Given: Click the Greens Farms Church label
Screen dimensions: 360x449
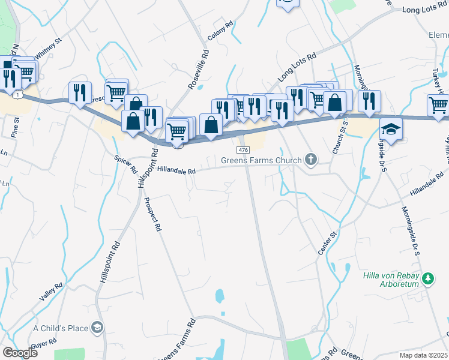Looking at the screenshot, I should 261,160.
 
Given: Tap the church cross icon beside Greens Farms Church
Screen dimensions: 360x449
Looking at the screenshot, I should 310,160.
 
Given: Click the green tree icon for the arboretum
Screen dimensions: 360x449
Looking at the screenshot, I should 427,278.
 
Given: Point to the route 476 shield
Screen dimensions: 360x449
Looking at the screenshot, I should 243,149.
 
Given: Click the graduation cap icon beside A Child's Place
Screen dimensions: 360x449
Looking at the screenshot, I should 97,328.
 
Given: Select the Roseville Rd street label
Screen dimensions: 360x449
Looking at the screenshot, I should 199,69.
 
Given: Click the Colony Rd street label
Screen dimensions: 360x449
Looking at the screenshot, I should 220,32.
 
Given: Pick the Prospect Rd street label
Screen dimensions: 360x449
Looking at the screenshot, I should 155,214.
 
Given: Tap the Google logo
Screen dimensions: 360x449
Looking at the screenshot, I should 20,353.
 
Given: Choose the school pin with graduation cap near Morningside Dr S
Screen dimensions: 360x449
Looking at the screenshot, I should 391,130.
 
